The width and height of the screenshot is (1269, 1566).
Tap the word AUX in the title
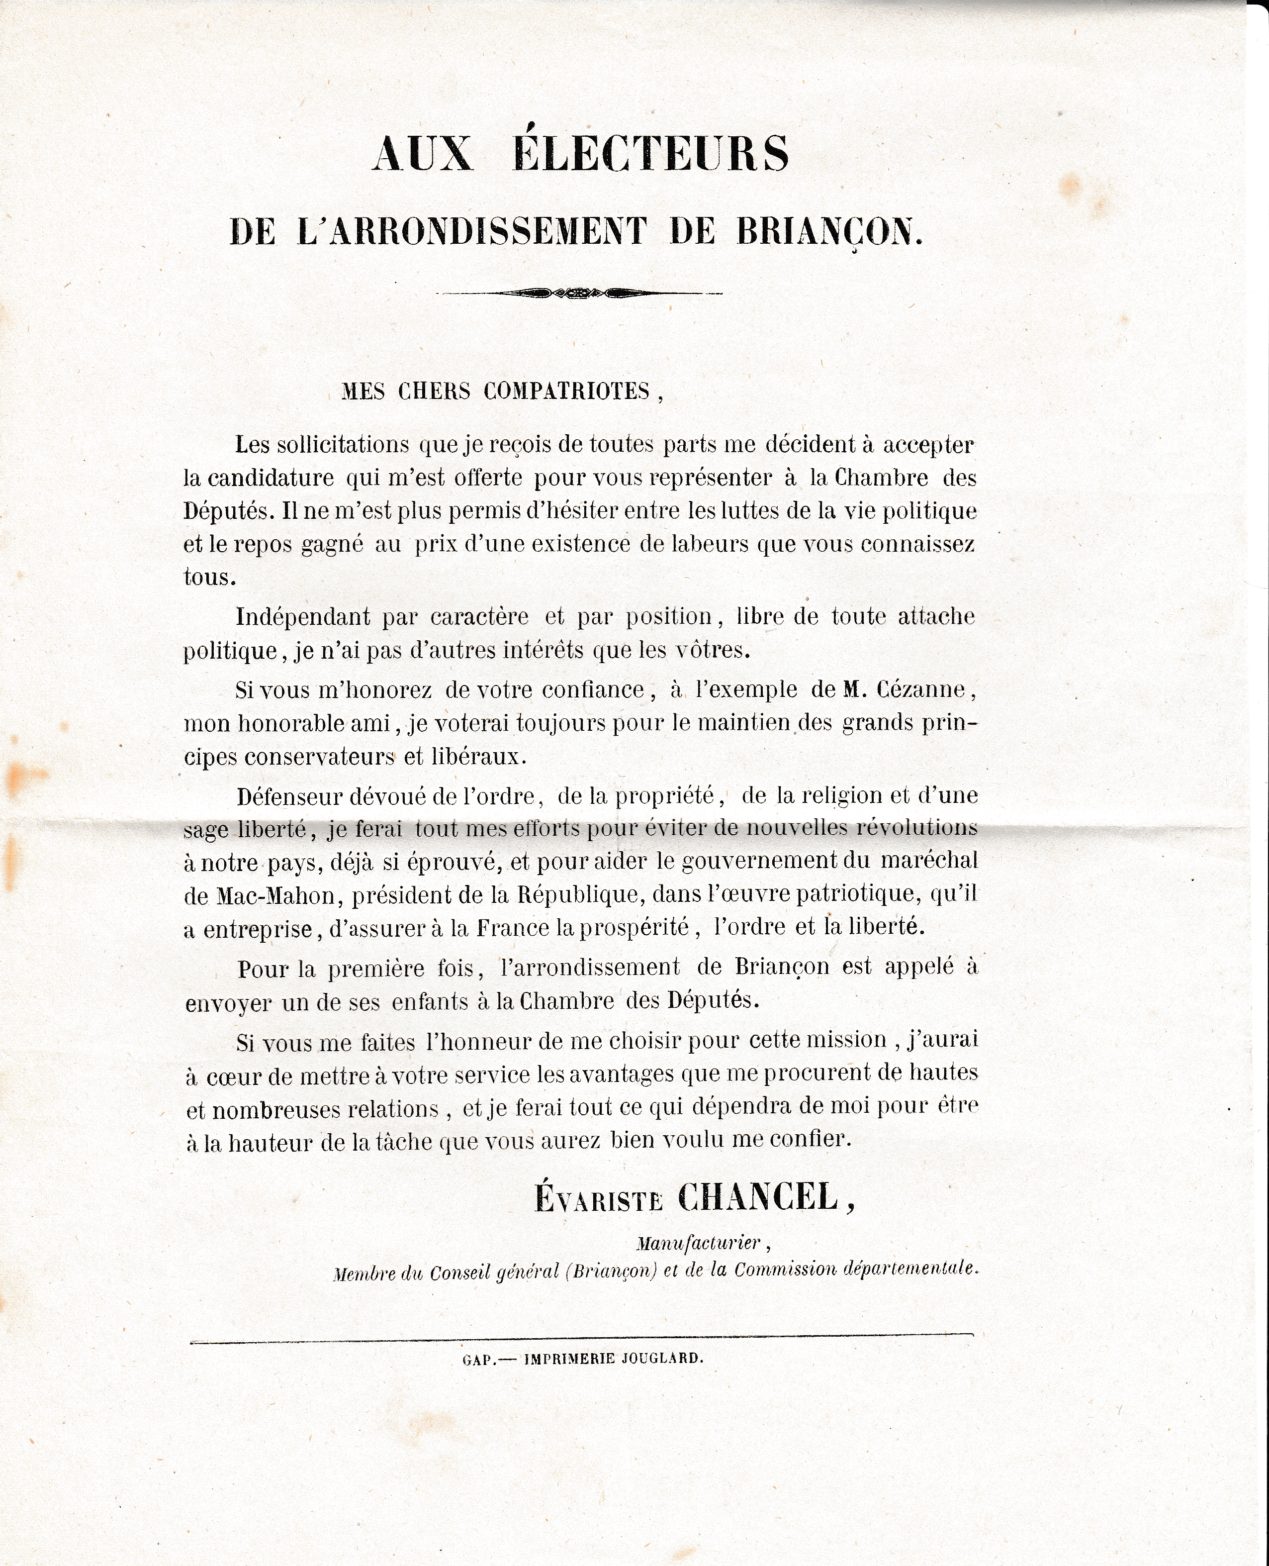click(x=423, y=154)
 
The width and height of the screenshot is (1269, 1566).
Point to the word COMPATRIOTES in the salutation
click(x=566, y=392)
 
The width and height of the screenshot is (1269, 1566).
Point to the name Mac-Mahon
click(x=275, y=895)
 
